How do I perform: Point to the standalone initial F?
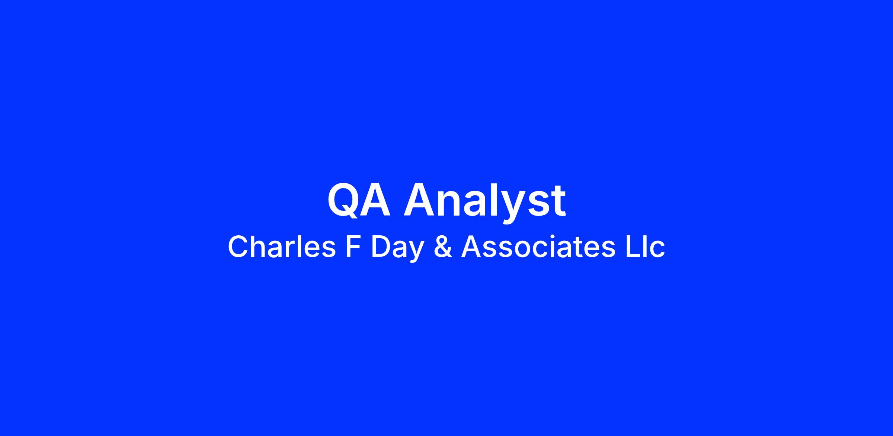click(353, 247)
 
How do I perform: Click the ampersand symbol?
click(443, 247)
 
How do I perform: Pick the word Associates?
click(538, 247)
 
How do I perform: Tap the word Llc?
click(645, 247)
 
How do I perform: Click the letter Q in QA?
click(343, 200)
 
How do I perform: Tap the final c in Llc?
click(657, 250)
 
